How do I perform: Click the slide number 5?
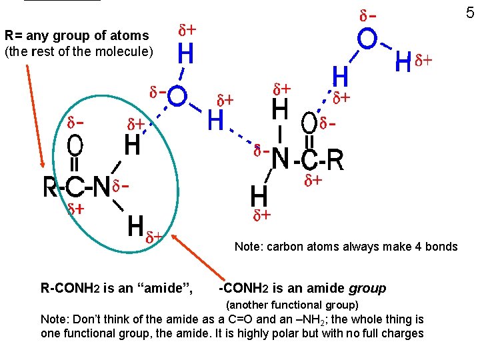pos(470,12)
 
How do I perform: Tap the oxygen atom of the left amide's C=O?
pos(75,145)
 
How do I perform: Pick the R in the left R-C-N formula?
pos(50,187)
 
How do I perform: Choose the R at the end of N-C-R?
pos(335,160)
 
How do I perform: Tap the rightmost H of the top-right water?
pos(403,63)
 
